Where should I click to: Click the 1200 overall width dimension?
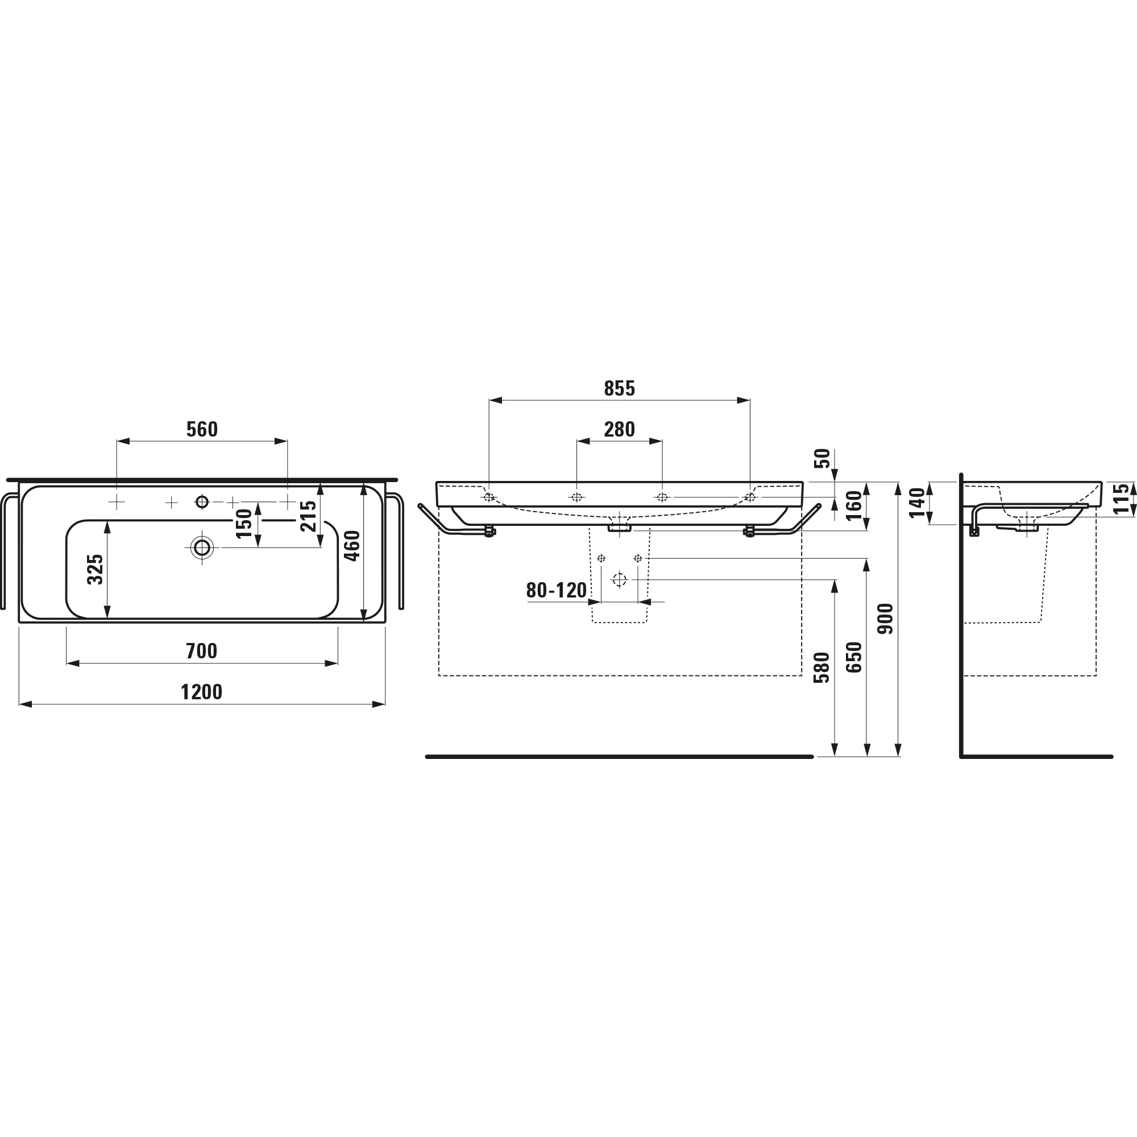pyautogui.click(x=201, y=692)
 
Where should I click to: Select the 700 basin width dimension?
pyautogui.click(x=201, y=651)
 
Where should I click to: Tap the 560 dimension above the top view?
pyautogui.click(x=202, y=430)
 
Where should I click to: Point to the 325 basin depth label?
pyautogui.click(x=96, y=569)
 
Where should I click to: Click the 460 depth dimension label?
pyautogui.click(x=352, y=546)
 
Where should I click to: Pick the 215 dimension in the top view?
pyautogui.click(x=308, y=516)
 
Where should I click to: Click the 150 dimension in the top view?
pyautogui.click(x=244, y=523)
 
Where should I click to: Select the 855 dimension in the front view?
pyautogui.click(x=619, y=388)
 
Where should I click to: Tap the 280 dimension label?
pyautogui.click(x=619, y=430)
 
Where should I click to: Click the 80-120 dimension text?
pyautogui.click(x=556, y=590)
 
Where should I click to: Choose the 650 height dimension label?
pyautogui.click(x=854, y=657)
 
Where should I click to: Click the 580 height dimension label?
pyautogui.click(x=821, y=667)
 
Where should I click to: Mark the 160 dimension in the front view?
pyautogui.click(x=854, y=505)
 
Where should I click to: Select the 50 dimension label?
pyautogui.click(x=823, y=458)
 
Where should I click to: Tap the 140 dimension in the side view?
pyautogui.click(x=917, y=503)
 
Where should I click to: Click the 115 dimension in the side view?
pyautogui.click(x=1122, y=499)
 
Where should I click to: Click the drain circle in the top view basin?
pyautogui.click(x=202, y=548)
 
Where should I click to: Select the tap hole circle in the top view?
pyautogui.click(x=202, y=502)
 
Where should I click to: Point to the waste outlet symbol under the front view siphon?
pyautogui.click(x=619, y=580)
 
